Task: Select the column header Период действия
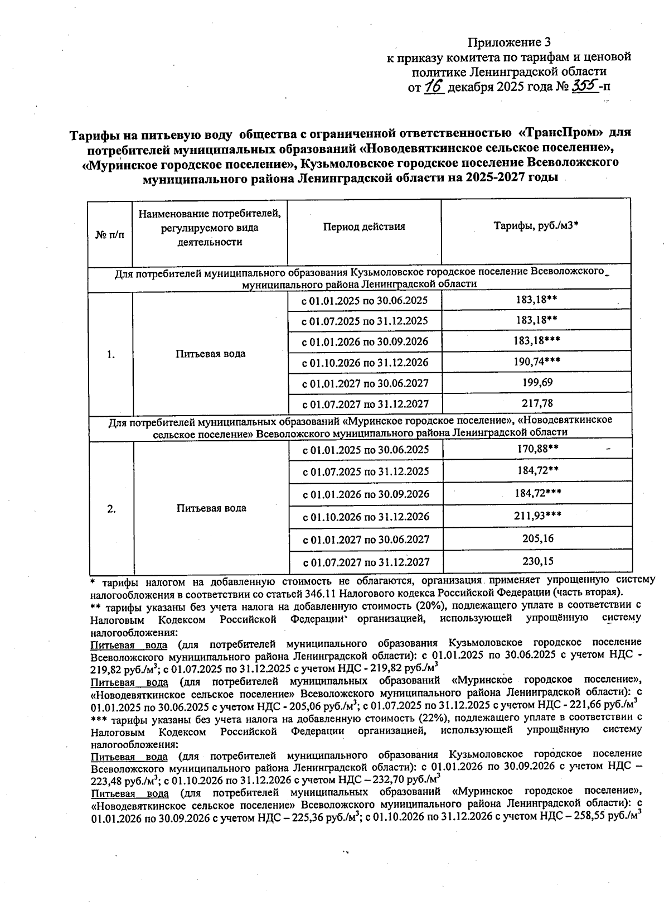coord(364,227)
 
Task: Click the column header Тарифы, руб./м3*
coord(536,226)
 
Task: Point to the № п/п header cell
coord(110,235)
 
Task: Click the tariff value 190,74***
coord(536,362)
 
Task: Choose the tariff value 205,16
coord(536,538)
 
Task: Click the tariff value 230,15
coord(536,561)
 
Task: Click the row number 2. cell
coord(111,508)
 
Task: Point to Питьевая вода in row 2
coord(211,508)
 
